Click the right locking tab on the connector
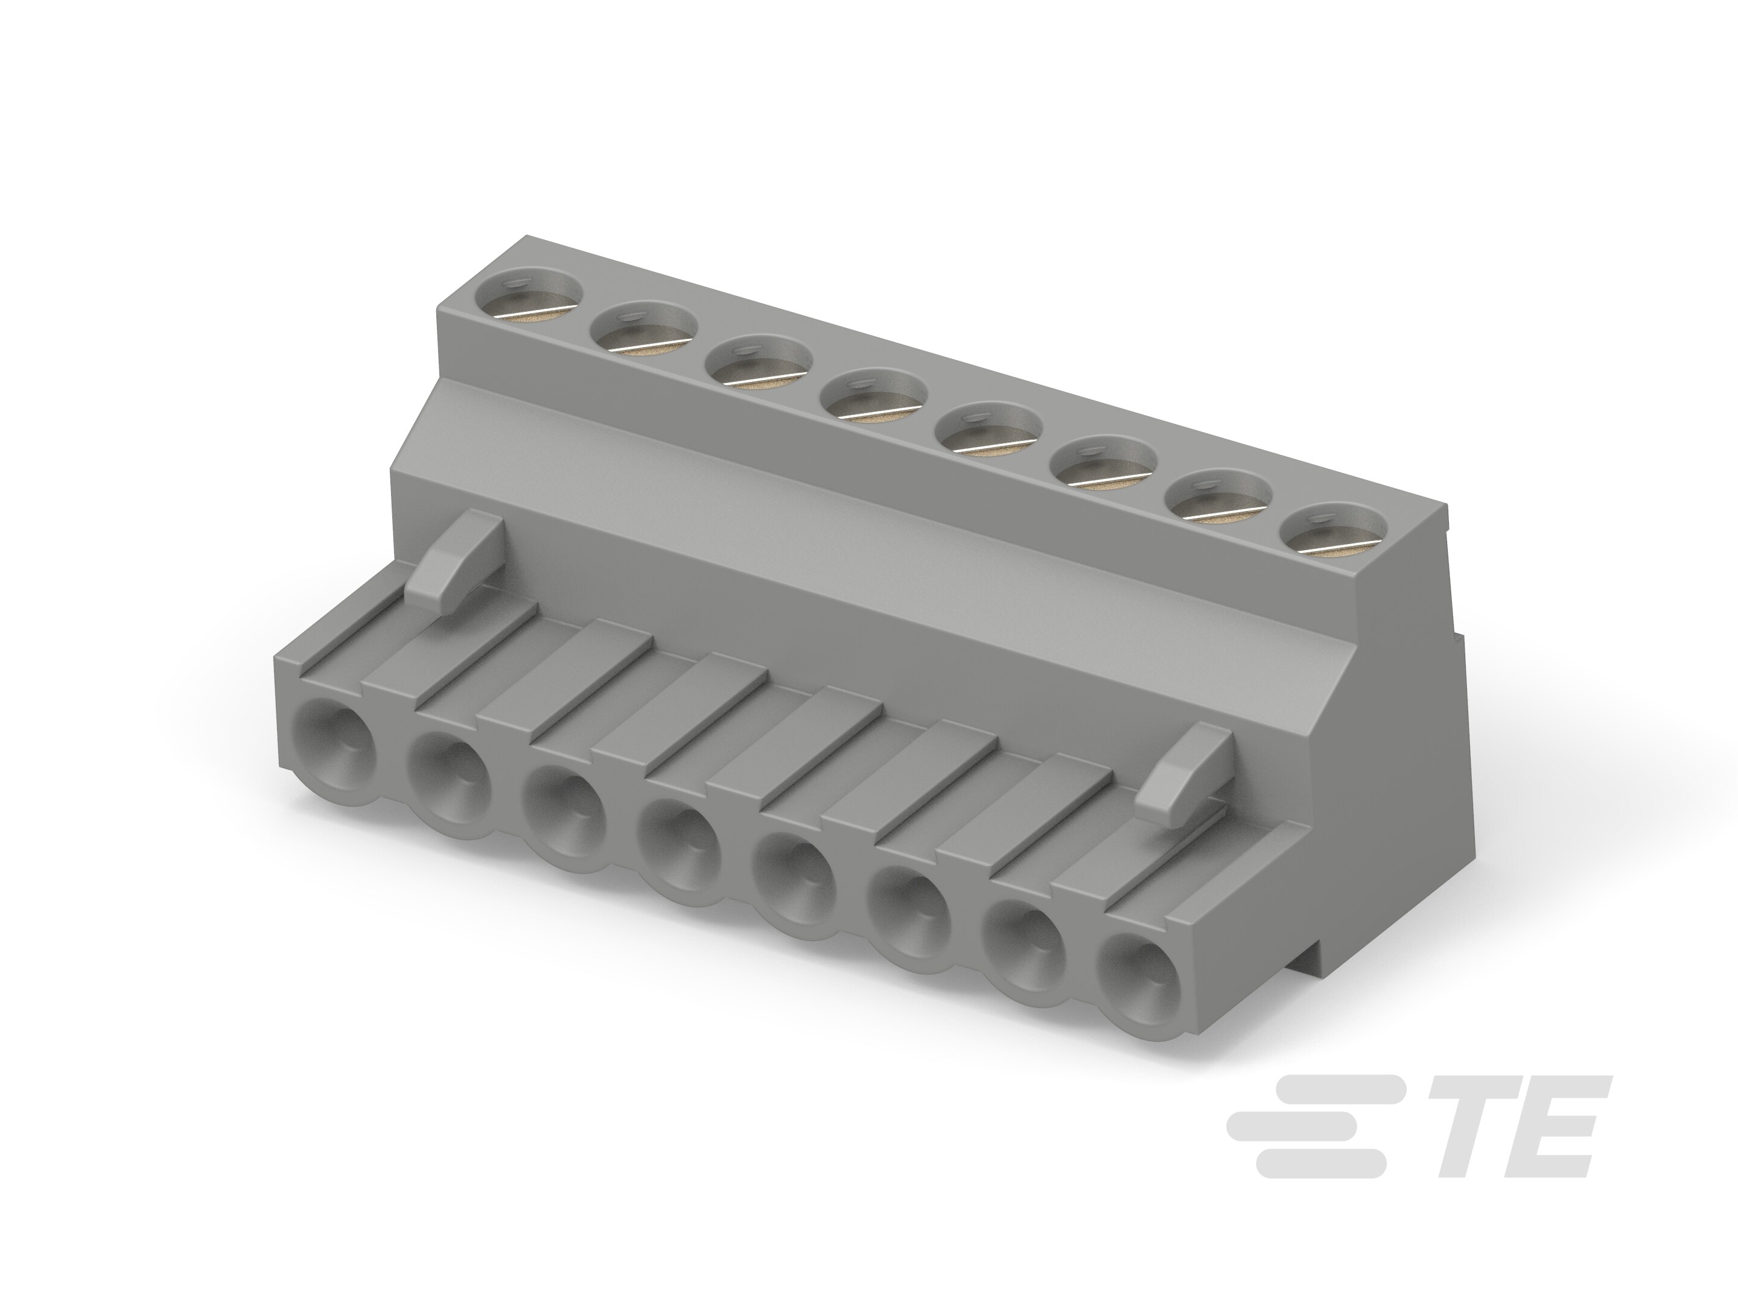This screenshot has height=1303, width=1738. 1182,773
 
